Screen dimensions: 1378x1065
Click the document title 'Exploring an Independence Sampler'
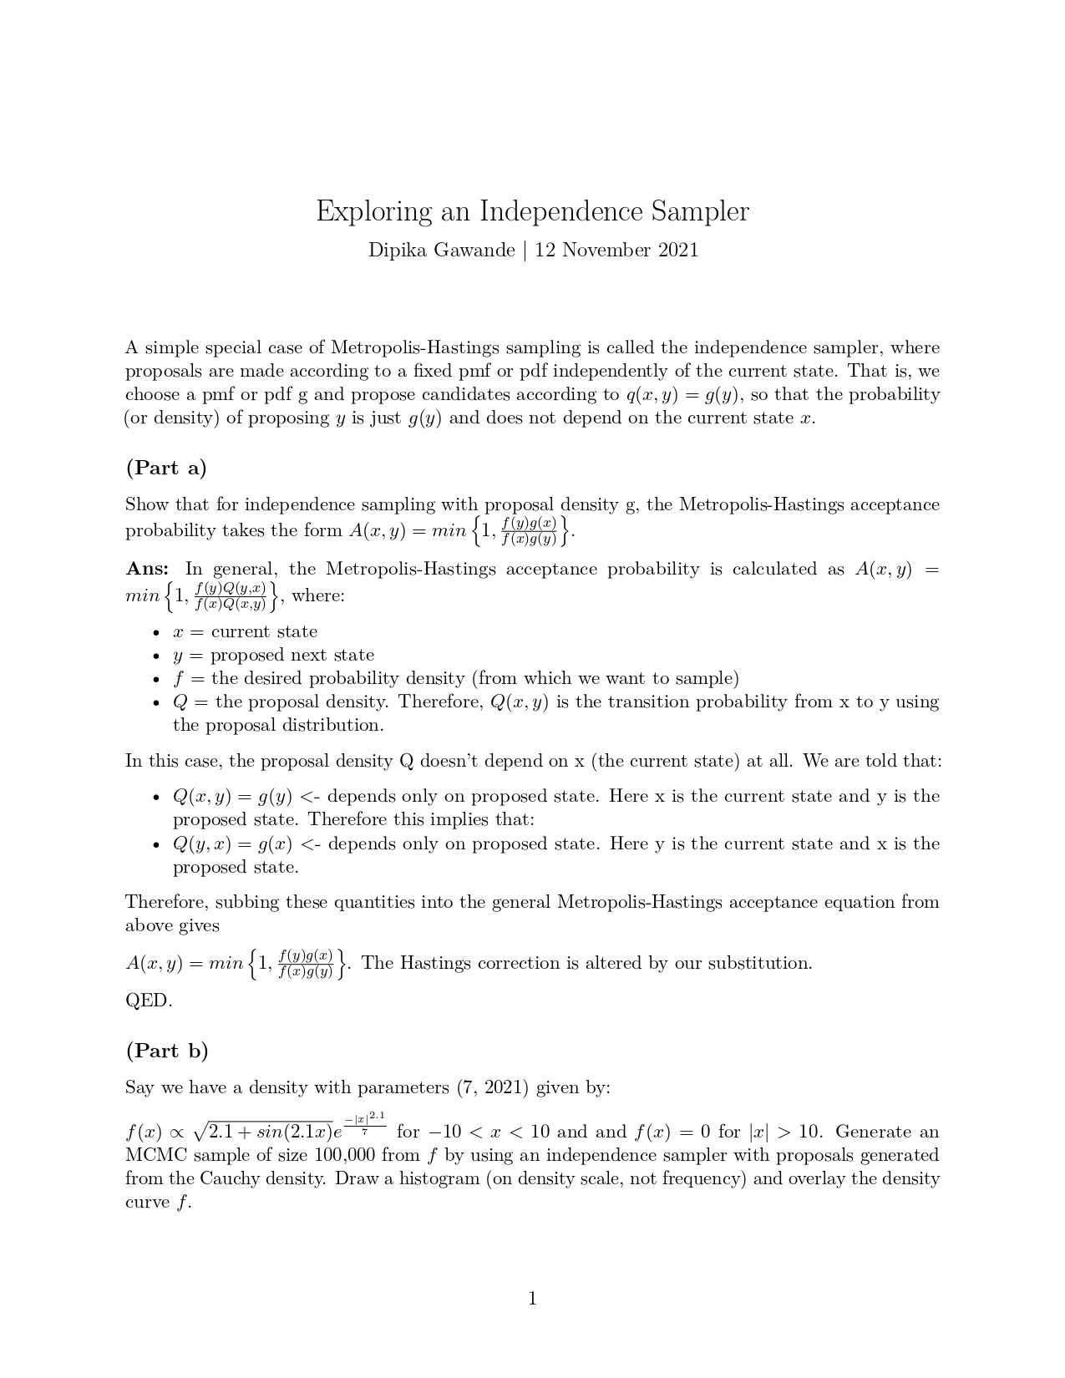pos(532,211)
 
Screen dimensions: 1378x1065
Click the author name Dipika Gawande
pos(441,250)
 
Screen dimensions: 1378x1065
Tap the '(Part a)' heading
pos(166,468)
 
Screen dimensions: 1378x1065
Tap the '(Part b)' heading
pos(167,1051)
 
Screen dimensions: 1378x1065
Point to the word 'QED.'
pos(149,1001)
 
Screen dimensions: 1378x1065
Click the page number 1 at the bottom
pos(532,1298)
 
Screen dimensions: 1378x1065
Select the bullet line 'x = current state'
pos(245,631)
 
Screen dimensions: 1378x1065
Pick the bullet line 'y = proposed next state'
pos(273,655)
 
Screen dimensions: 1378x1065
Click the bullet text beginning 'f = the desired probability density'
pos(455,678)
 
